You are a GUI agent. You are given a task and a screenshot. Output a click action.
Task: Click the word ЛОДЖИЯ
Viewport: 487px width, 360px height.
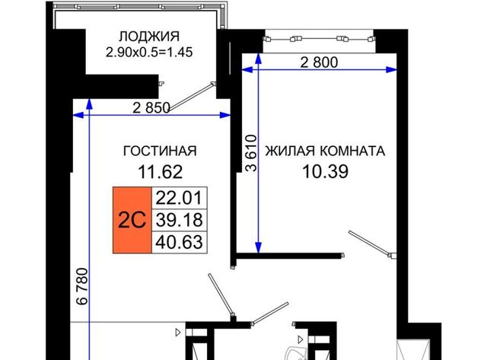(149, 37)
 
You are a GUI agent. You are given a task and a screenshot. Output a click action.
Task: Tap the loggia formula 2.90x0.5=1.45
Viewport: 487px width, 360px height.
(149, 52)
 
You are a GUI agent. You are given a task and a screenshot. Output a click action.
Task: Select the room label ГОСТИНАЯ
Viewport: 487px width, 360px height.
(160, 151)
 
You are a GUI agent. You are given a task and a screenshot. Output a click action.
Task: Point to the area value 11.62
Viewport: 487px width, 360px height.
(160, 172)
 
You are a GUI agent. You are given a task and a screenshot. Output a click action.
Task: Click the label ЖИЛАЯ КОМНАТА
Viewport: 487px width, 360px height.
(325, 151)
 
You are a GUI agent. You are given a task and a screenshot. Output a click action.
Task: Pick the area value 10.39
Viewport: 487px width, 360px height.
(325, 171)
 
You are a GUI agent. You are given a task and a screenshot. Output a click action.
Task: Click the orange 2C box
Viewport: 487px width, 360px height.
(132, 220)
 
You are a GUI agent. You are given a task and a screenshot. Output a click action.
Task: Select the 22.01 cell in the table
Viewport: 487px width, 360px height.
(180, 198)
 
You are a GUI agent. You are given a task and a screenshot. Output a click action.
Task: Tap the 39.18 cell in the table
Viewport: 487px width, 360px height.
(180, 220)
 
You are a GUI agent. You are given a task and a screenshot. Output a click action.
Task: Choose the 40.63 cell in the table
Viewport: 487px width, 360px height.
(180, 242)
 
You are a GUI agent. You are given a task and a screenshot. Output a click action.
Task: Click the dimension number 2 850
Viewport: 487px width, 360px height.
(151, 108)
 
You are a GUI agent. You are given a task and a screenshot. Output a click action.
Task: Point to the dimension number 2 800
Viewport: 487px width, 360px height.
(319, 62)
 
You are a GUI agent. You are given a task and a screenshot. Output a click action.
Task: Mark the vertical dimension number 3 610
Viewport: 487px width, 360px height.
(252, 153)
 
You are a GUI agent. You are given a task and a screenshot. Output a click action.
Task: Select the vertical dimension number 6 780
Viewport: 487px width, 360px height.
(82, 286)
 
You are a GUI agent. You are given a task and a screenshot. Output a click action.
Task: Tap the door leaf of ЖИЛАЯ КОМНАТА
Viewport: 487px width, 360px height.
(370, 243)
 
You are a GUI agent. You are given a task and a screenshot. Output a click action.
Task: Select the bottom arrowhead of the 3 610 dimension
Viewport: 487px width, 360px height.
(258, 247)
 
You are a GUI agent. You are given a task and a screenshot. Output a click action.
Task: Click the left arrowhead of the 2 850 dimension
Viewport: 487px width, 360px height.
(78, 115)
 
